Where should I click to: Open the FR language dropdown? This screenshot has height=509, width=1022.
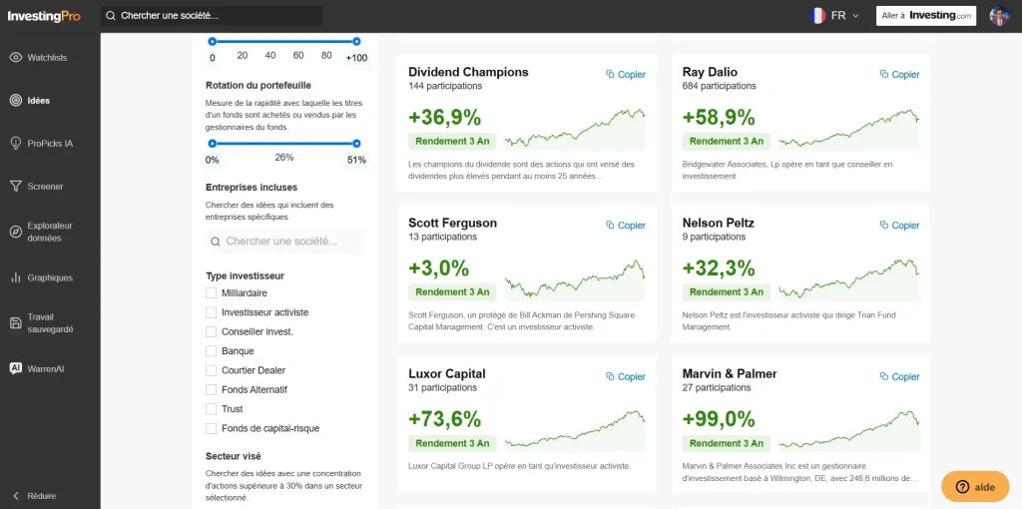(x=835, y=16)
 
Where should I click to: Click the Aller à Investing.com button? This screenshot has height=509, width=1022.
(x=925, y=16)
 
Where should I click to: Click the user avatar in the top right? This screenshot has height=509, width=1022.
(x=999, y=16)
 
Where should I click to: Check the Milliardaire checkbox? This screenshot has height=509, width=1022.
(x=211, y=293)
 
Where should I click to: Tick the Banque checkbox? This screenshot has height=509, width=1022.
(x=211, y=351)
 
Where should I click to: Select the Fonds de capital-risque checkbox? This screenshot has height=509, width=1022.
(x=211, y=428)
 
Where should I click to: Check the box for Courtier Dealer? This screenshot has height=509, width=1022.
(x=211, y=370)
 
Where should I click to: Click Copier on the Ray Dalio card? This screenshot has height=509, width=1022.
(x=899, y=74)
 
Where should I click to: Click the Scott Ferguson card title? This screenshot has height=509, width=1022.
(x=452, y=223)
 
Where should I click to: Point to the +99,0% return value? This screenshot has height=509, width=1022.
(x=719, y=419)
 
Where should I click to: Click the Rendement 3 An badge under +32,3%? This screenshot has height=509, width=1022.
(x=726, y=292)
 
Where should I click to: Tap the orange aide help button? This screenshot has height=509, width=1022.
(x=975, y=486)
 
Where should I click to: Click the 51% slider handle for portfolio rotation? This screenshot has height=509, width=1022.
(x=356, y=143)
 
